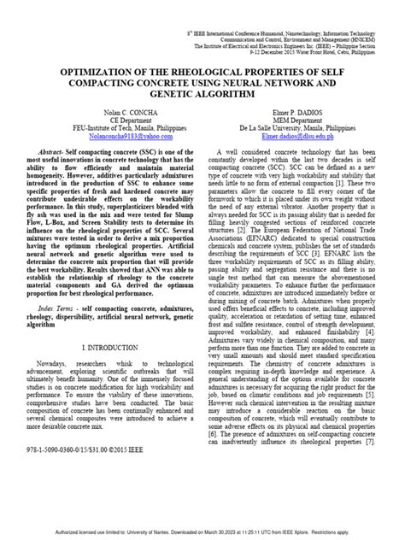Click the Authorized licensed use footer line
click(202, 532)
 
